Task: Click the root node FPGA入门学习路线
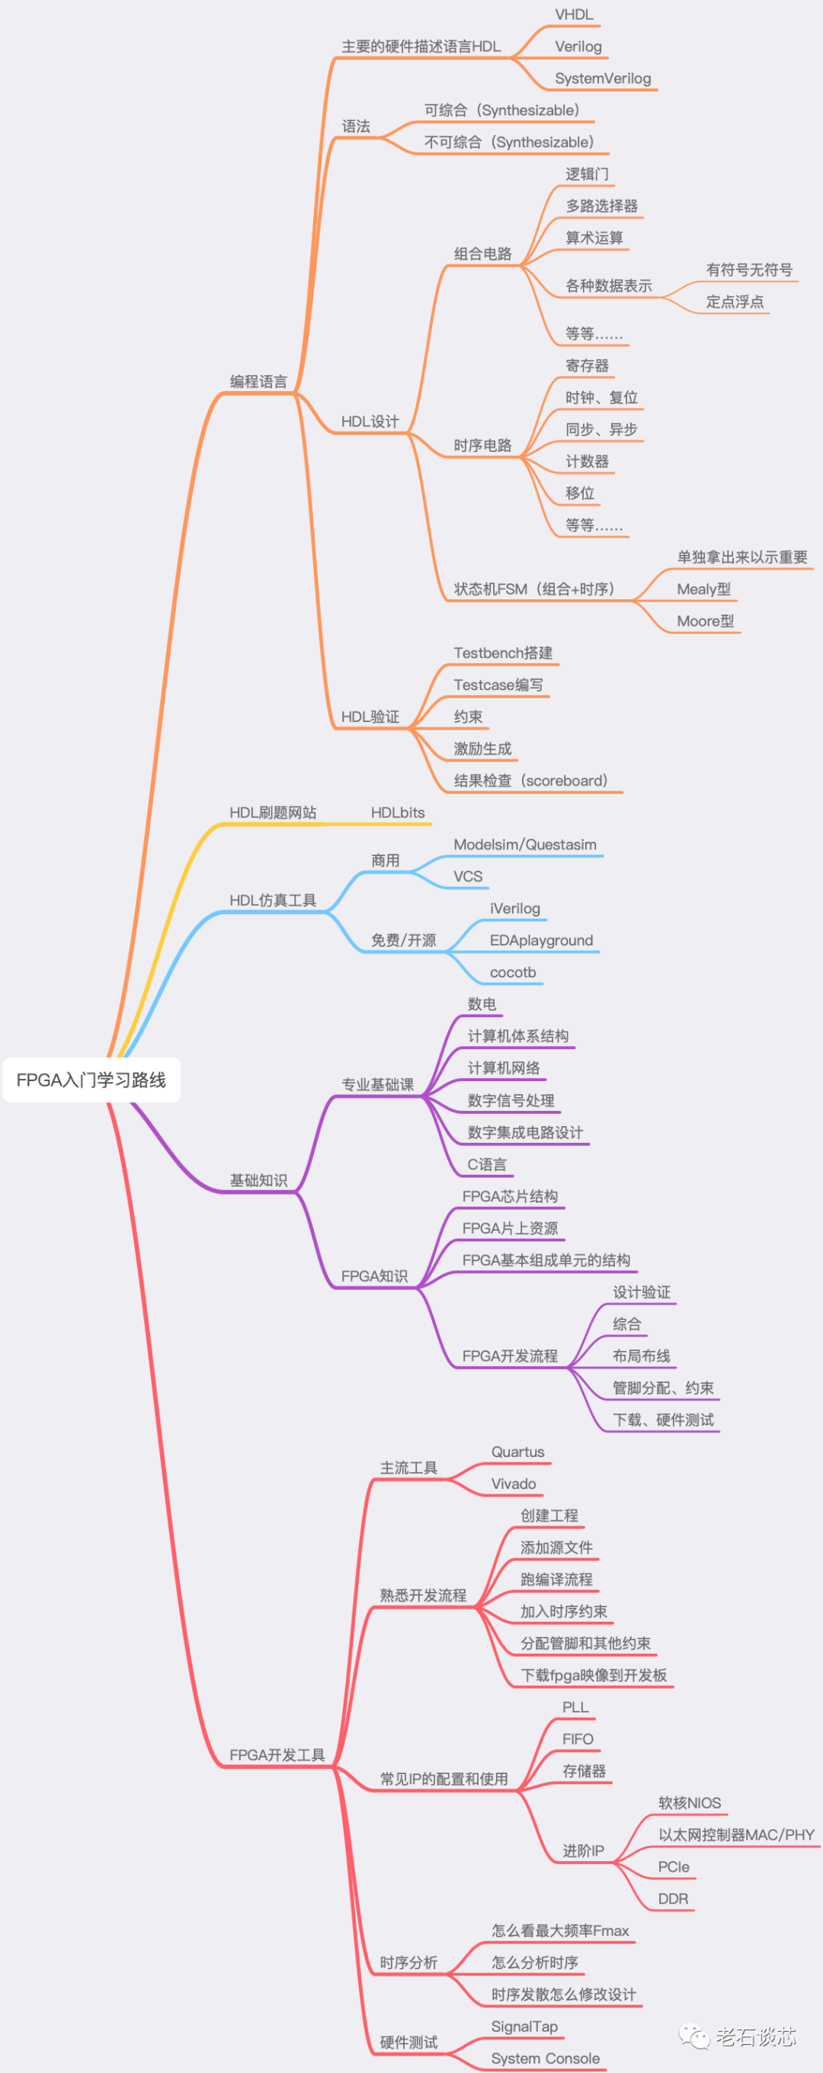(x=91, y=1079)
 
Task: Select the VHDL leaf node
(x=574, y=14)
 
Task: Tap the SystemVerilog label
(x=603, y=78)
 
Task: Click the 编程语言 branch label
(x=258, y=381)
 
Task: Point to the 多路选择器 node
(x=601, y=206)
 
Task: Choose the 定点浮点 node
(x=735, y=302)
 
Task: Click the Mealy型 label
(x=703, y=589)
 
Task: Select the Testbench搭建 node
(x=503, y=653)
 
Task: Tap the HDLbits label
(x=398, y=813)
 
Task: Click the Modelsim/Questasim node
(x=524, y=844)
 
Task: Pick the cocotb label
(x=512, y=972)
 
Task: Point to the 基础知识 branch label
(x=258, y=1179)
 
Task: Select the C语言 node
(x=487, y=1164)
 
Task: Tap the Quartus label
(x=517, y=1452)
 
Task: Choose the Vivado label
(x=514, y=1484)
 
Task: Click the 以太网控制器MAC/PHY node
(x=736, y=1835)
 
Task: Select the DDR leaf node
(x=673, y=1899)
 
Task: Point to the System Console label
(x=545, y=2059)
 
